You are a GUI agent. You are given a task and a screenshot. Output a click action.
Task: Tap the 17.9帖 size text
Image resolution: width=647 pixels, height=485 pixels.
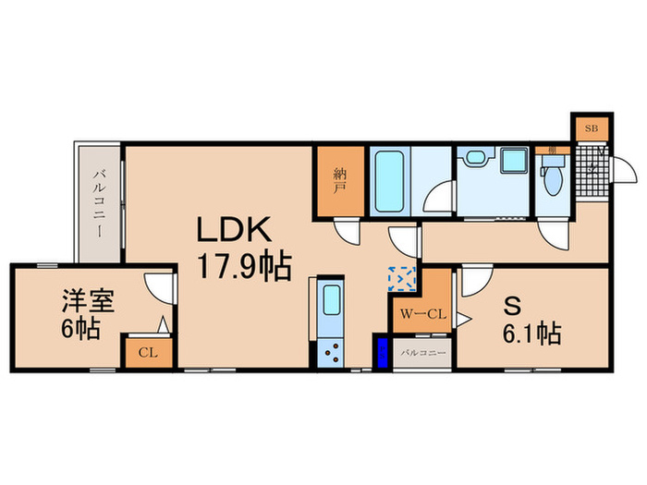point(242,268)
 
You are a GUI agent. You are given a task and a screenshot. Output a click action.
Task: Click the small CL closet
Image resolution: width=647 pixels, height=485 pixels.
point(146,351)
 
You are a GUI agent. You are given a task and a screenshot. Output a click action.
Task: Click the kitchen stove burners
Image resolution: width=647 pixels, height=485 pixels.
point(330,352)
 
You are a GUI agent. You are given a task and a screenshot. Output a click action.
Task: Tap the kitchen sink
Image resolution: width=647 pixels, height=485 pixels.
point(330,300)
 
